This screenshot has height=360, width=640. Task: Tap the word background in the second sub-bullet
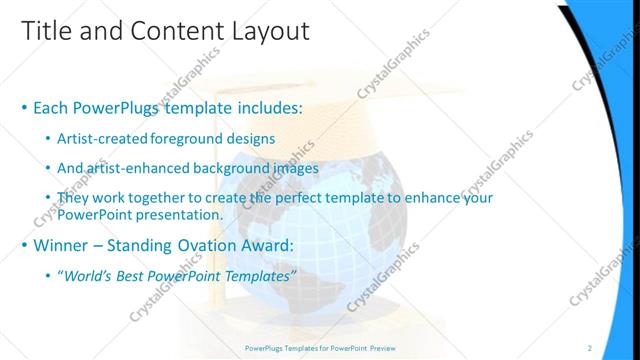(235, 168)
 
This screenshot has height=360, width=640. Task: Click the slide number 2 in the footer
(590, 347)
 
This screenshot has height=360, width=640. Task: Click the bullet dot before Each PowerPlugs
(24, 106)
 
